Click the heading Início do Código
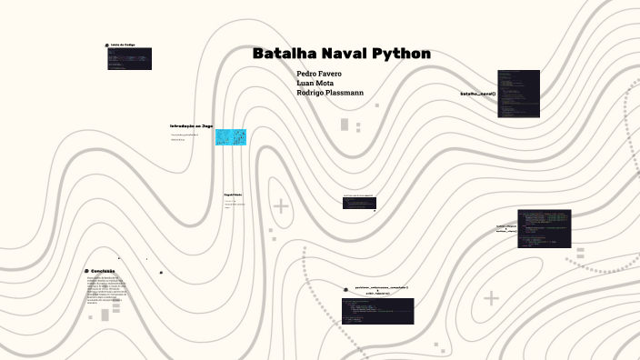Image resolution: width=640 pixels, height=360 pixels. pos(123,45)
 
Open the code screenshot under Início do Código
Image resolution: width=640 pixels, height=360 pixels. pos(129,59)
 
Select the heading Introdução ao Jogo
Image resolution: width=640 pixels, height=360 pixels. pos(191,126)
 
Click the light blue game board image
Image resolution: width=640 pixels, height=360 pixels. pos(231,136)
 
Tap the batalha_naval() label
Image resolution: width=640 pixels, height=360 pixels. pos(477,94)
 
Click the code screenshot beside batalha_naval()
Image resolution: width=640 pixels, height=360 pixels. pos(518,95)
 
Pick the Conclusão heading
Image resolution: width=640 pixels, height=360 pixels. pos(103,271)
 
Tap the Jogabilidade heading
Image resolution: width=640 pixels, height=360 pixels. pos(233,195)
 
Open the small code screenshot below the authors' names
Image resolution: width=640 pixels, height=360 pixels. pos(359,202)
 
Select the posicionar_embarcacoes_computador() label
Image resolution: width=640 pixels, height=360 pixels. pos(382,287)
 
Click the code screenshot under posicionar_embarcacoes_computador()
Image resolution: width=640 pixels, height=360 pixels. pos(377,311)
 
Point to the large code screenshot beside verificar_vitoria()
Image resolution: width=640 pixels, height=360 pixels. pos(545,229)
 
